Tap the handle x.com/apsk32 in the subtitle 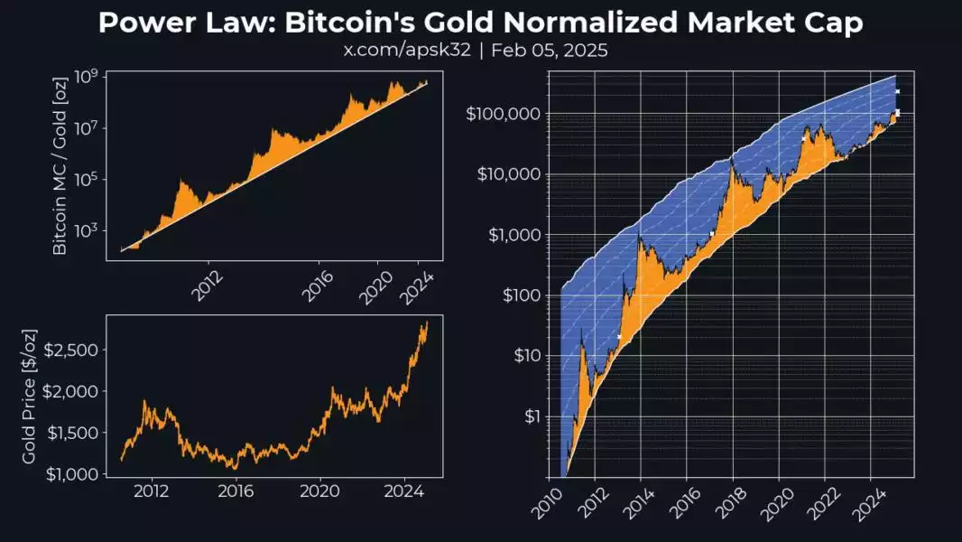407,51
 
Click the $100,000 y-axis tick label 502,114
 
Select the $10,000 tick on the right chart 506,174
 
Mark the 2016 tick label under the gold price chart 235,493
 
